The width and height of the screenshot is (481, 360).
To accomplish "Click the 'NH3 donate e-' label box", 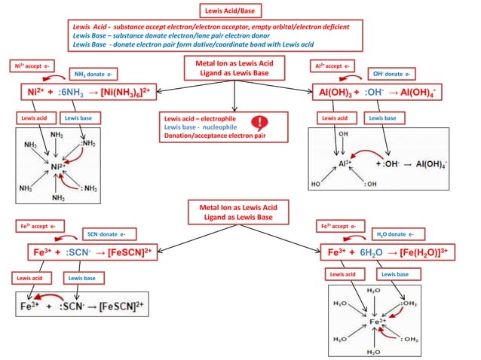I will point(93,75).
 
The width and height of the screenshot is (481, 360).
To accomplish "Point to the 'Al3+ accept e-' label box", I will point(334,66).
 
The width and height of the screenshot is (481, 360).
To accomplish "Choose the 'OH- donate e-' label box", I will point(393,74).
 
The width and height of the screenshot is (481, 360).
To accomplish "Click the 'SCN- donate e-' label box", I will point(101,234).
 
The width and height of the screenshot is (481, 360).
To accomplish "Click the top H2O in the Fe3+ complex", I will point(372,291).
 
